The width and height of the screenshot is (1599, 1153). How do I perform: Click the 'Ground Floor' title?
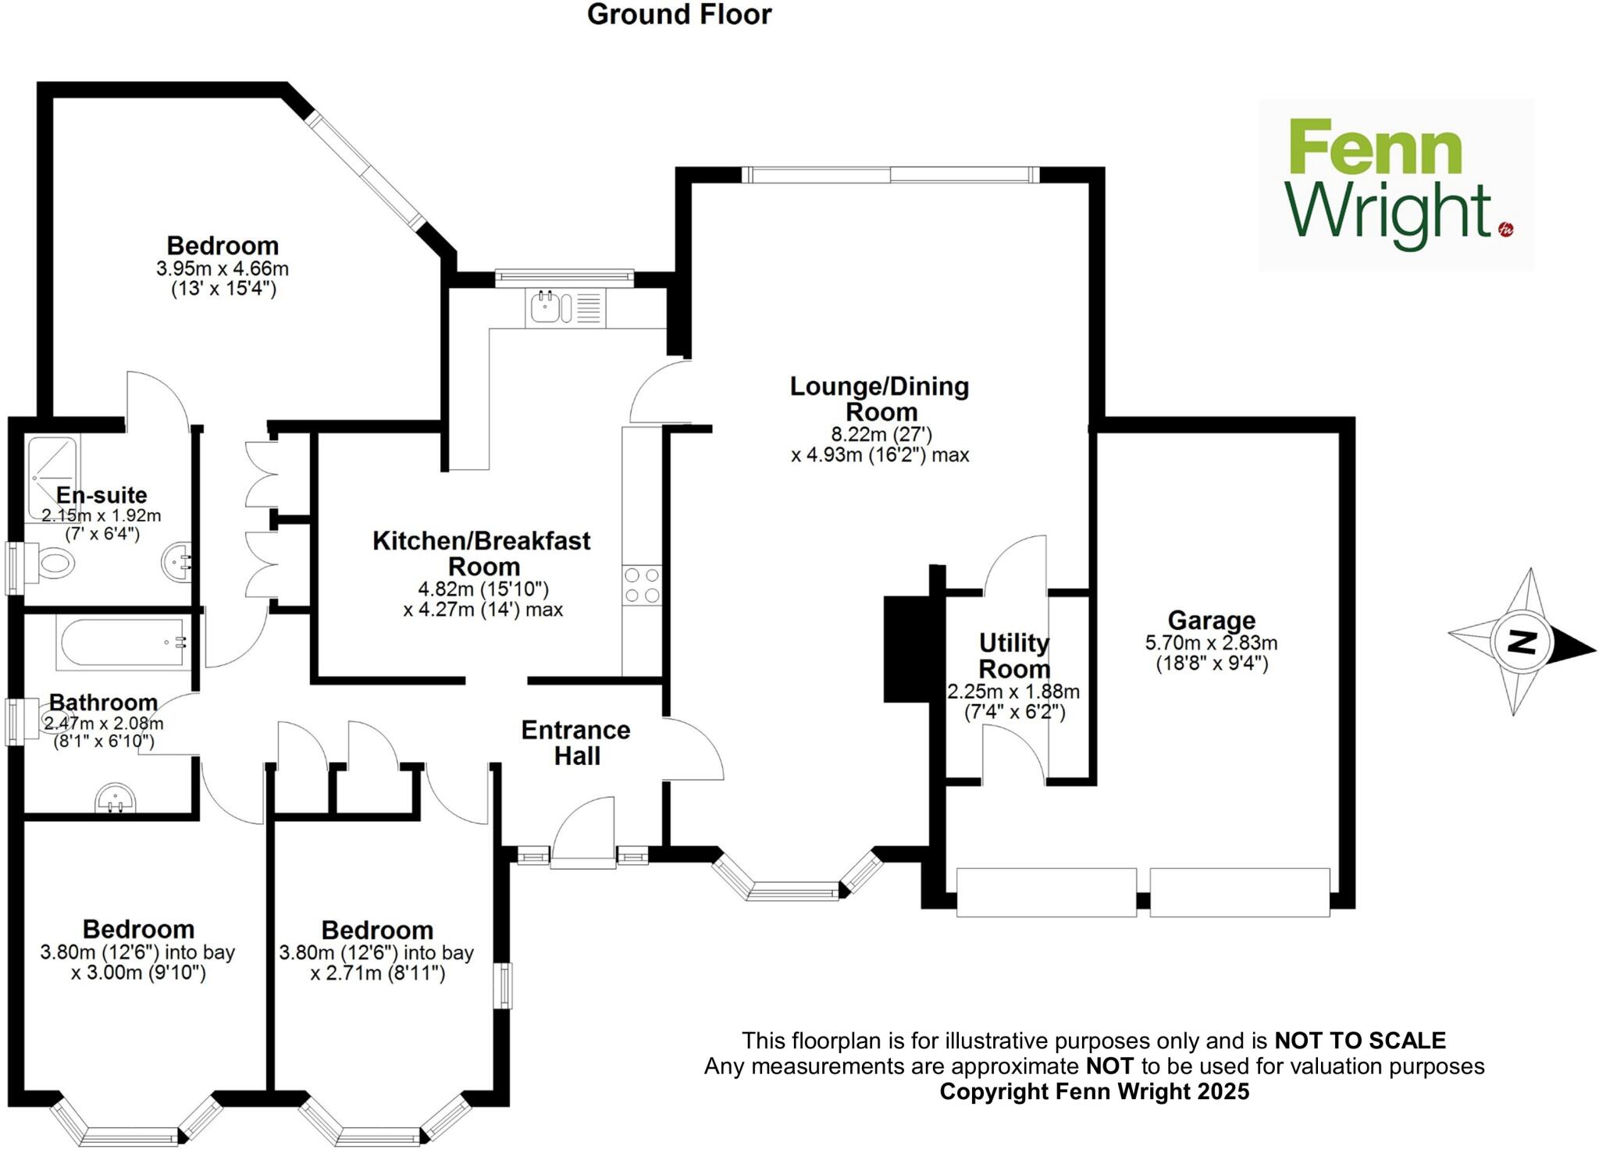pyautogui.click(x=679, y=15)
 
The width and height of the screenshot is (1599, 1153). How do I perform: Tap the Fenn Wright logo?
pyautogui.click(x=1395, y=185)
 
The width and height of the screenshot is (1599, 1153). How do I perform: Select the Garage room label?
pyautogui.click(x=1211, y=621)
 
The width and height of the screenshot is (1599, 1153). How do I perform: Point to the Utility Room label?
pyautogui.click(x=1013, y=656)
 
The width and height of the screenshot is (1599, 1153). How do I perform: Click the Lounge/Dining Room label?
pyautogui.click(x=880, y=399)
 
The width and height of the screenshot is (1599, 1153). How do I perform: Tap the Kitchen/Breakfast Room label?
pyautogui.click(x=482, y=553)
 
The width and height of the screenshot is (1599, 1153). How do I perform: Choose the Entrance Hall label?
pyautogui.click(x=576, y=742)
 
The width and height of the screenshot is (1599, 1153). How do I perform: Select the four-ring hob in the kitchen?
pyautogui.click(x=642, y=585)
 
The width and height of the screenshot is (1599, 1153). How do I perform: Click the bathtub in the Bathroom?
pyautogui.click(x=123, y=642)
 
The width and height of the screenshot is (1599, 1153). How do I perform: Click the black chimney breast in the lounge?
pyautogui.click(x=906, y=648)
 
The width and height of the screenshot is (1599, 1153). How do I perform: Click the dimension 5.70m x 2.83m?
pyautogui.click(x=1211, y=643)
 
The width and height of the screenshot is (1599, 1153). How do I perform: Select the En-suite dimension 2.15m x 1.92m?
pyautogui.click(x=101, y=516)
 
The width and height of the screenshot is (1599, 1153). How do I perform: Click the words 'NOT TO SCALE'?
pyautogui.click(x=1360, y=1041)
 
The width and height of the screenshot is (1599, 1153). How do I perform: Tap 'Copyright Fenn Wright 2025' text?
pyautogui.click(x=1094, y=1091)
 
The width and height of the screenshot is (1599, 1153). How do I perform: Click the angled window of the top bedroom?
pyautogui.click(x=365, y=173)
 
